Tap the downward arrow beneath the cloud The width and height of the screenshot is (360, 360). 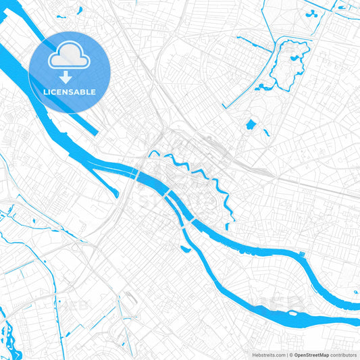(x=66, y=79)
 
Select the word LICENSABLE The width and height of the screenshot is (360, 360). (x=70, y=92)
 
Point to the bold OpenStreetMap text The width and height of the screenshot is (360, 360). (x=311, y=355)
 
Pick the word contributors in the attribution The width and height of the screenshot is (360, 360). (x=343, y=355)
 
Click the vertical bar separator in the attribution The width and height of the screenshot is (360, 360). (x=286, y=355)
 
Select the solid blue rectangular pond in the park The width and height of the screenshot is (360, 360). (x=251, y=124)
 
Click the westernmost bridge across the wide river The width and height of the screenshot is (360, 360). (x=138, y=174)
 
